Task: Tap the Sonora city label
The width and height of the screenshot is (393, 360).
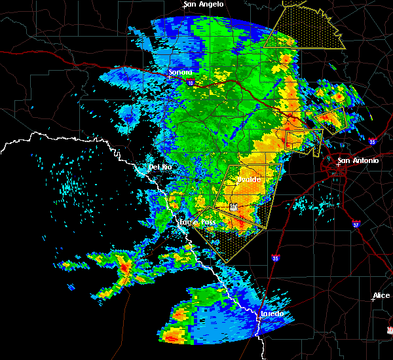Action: click(x=180, y=72)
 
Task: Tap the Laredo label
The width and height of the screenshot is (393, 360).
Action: click(x=272, y=314)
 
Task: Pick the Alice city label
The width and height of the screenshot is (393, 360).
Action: click(x=381, y=296)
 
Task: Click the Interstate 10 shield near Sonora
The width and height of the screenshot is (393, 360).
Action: click(x=190, y=83)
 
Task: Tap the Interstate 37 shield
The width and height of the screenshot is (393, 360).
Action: click(x=356, y=225)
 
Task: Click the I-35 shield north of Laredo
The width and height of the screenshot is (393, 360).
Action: click(x=275, y=259)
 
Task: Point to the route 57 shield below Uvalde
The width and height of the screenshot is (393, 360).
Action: click(x=234, y=207)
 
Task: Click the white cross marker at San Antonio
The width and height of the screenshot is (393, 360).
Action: click(x=338, y=165)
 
